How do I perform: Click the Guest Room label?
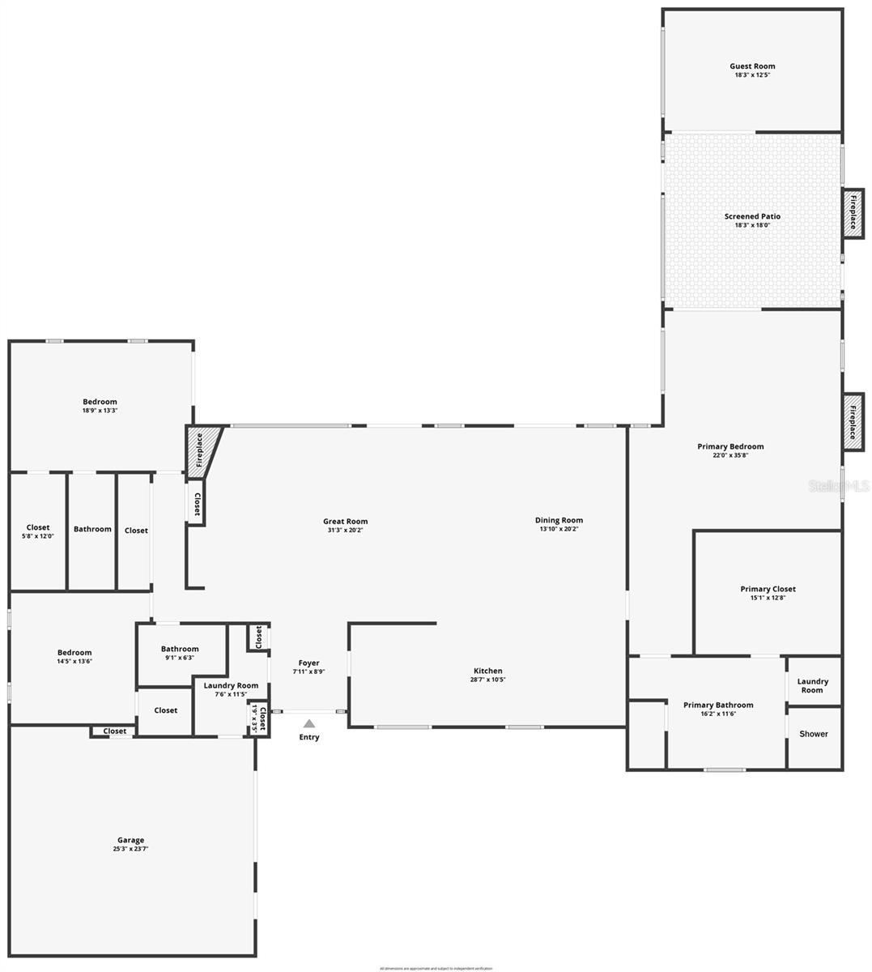752,66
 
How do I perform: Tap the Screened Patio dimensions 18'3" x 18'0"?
752,226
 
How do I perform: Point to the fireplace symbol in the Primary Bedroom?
851,421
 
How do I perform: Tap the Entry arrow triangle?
309,723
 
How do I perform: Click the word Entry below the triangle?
309,737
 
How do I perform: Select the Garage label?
130,840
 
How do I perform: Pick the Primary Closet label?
768,589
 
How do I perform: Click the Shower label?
814,734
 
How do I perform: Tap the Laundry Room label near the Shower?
812,685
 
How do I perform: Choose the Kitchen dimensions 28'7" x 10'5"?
487,680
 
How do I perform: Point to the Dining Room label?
559,520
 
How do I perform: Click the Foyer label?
308,663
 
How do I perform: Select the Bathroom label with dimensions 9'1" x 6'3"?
180,649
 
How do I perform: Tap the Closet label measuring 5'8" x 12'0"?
38,527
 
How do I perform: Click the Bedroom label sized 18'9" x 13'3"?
100,402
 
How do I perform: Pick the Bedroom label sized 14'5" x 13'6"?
74,652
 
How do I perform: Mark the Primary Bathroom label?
718,705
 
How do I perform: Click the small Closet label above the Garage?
115,731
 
